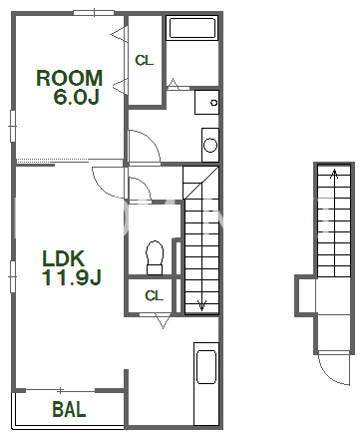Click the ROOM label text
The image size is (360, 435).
(x=69, y=78)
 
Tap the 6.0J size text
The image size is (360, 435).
(x=76, y=97)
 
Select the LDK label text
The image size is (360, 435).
(x=63, y=258)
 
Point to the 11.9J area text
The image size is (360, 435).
(x=71, y=277)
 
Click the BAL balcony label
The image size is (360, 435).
(x=69, y=409)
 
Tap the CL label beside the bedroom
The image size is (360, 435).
(x=145, y=60)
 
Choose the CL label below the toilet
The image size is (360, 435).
(x=154, y=295)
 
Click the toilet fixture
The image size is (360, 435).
(x=155, y=257)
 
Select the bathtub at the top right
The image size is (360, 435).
(x=192, y=28)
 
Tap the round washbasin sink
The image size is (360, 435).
(x=210, y=145)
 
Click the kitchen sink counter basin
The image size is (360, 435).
(x=206, y=367)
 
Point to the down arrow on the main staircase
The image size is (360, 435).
(x=201, y=304)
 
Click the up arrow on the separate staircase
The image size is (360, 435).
(x=334, y=174)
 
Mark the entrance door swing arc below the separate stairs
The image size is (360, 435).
(x=331, y=376)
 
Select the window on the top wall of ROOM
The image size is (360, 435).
(x=94, y=13)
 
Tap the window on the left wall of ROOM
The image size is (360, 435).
(x=13, y=126)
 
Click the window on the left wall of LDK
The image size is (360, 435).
(x=13, y=276)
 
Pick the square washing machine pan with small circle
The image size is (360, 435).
(x=206, y=102)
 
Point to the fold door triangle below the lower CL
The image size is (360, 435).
(x=163, y=321)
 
